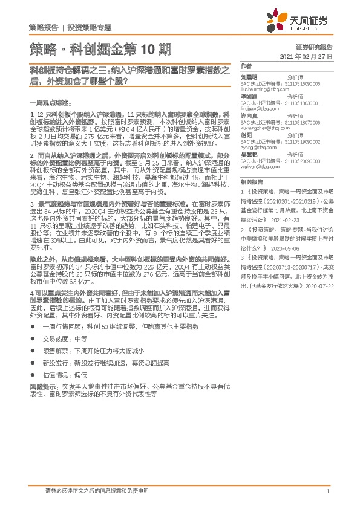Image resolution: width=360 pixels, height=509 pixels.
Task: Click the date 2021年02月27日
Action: click(x=307, y=55)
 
